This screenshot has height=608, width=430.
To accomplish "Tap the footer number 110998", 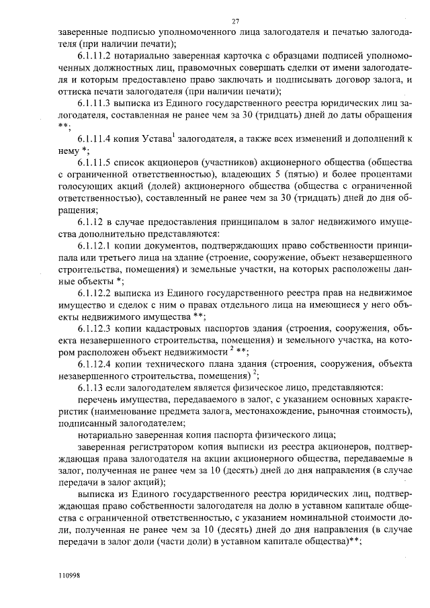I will point(69,576).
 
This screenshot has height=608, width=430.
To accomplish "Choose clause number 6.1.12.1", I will point(99,246).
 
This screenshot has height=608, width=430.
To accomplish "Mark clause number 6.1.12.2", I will point(99,293).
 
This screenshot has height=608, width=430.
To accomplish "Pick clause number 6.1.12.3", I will point(99,329).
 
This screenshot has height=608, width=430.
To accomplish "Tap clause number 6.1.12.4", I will point(99,365).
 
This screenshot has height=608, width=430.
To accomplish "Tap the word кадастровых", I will point(179,329).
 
